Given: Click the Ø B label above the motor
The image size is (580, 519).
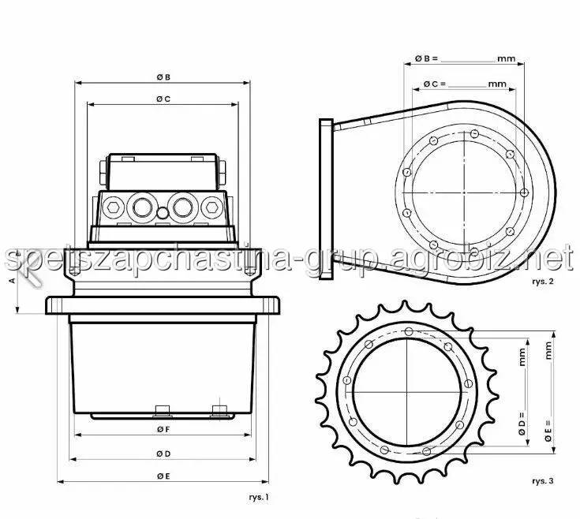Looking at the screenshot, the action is [163, 77].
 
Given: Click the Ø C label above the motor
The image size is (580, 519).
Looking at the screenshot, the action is [163, 99].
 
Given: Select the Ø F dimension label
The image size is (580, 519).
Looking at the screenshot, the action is [163, 430].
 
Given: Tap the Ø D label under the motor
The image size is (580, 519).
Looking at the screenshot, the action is [163, 454].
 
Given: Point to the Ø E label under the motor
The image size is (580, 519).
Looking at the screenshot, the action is [163, 476].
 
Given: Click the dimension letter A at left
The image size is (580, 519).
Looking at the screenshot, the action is [13, 281].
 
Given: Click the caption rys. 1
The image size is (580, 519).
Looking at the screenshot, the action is [259, 497].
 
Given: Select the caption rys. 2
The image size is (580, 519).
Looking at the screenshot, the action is [543, 282].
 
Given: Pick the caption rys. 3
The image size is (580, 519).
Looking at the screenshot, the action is [543, 481].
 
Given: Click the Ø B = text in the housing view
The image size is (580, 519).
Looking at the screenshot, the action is [426, 58].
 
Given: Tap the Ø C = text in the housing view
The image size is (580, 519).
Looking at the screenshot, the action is [435, 84].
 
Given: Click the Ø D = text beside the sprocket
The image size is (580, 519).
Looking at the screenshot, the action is [522, 424].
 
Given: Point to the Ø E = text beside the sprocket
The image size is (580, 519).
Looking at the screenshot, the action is [548, 431].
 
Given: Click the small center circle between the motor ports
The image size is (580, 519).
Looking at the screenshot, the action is [163, 213].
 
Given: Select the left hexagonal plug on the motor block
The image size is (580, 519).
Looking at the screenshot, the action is [112, 207].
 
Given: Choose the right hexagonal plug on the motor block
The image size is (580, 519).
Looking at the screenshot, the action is [212, 207].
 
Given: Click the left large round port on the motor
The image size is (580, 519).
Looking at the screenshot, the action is [142, 207].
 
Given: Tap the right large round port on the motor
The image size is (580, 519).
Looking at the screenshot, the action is [182, 207].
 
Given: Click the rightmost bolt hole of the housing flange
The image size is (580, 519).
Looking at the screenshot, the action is [524, 192].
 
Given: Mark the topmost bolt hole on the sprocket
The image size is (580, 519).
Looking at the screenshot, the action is [409, 331].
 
